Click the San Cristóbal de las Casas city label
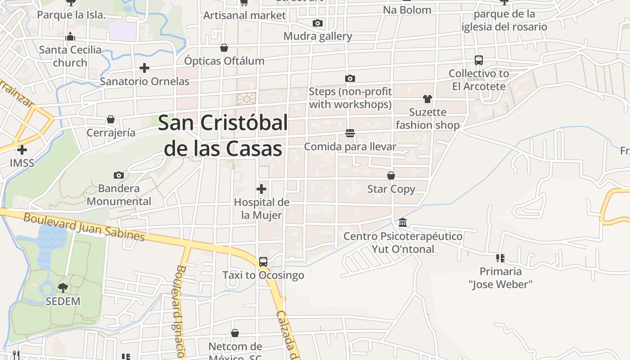tap(223, 135)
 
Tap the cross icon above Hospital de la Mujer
tap(261, 189)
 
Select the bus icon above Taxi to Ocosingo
tap(263, 262)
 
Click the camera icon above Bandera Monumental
tap(119, 175)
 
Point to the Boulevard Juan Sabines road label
tap(84, 227)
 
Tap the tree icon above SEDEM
tap(63, 288)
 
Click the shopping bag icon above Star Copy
tap(391, 175)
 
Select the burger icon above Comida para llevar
tap(350, 133)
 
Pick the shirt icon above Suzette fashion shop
tap(427, 99)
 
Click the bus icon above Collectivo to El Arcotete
tap(479, 60)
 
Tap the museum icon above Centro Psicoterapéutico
tap(403, 223)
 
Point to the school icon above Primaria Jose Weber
tap(500, 258)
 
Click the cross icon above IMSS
tap(22, 149)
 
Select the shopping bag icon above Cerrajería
tap(111, 119)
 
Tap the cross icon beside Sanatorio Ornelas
tap(144, 68)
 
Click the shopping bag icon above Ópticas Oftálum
tap(224, 47)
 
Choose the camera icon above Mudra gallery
tap(318, 23)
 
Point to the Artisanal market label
tap(244, 15)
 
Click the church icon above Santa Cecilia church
tap(70, 36)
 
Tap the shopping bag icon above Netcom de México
tap(235, 333)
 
